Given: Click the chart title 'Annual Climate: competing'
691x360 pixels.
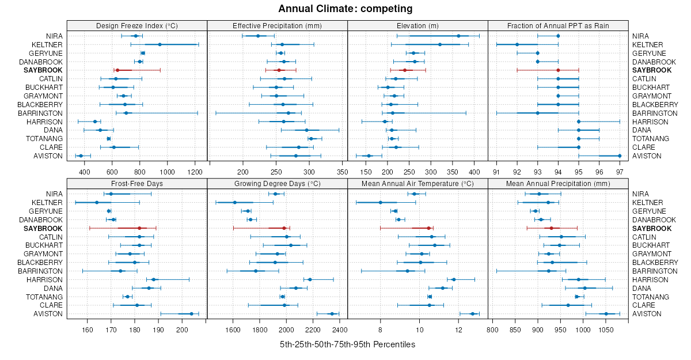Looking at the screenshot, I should coord(345,9).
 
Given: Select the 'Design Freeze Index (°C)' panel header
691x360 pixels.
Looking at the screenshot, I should coord(137,25).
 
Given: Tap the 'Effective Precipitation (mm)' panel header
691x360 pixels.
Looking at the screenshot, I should coord(277,25).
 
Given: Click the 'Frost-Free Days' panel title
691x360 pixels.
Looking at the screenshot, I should coord(137,183).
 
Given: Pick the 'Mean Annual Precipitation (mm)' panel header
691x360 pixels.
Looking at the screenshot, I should coord(558,183).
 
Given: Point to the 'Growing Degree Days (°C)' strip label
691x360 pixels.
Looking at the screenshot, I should coord(277,183).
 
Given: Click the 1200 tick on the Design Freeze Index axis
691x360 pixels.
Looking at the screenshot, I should coord(195,172).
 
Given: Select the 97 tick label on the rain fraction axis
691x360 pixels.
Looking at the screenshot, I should coord(620,172).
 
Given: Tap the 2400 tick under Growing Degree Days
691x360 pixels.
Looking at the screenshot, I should coord(340,329).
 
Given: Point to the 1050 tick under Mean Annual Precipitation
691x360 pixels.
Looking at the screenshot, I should coord(606,329).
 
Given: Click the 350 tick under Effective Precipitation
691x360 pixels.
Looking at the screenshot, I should coord(342,172).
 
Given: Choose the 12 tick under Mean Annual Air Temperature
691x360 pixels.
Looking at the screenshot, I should coord(459,329).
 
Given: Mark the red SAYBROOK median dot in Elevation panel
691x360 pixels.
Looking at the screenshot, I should coord(405,70).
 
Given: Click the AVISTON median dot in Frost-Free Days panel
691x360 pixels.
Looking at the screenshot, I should coord(192,314).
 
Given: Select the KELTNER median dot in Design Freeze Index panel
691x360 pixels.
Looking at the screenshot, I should coord(160,44).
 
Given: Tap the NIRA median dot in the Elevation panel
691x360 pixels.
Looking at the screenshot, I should coord(458,36).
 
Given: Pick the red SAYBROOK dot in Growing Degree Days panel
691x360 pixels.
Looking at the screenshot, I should coord(284,228).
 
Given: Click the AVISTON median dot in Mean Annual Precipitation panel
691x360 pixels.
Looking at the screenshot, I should coord(606,314).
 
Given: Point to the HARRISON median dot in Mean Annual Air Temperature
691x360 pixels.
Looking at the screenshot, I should coord(454,279).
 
